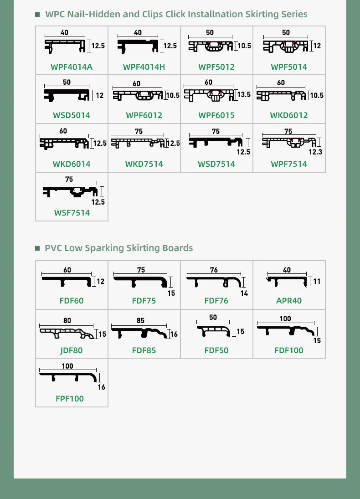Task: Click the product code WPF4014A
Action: (x=72, y=67)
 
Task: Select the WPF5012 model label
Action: (x=216, y=67)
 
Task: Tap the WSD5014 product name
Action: (x=72, y=115)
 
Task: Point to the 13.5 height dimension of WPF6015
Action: (x=244, y=95)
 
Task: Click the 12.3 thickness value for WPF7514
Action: (x=315, y=152)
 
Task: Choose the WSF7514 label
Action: (x=72, y=213)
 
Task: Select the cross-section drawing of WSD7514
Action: (x=215, y=142)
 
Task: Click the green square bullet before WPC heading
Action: (x=38, y=15)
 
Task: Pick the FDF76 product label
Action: (x=216, y=301)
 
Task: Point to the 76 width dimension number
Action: (x=214, y=270)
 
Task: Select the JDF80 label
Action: (x=72, y=350)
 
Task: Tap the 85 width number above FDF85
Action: (x=140, y=321)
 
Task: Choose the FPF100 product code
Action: (x=70, y=399)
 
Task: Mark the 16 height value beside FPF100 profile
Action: (x=101, y=387)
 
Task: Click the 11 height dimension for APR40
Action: (x=317, y=282)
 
